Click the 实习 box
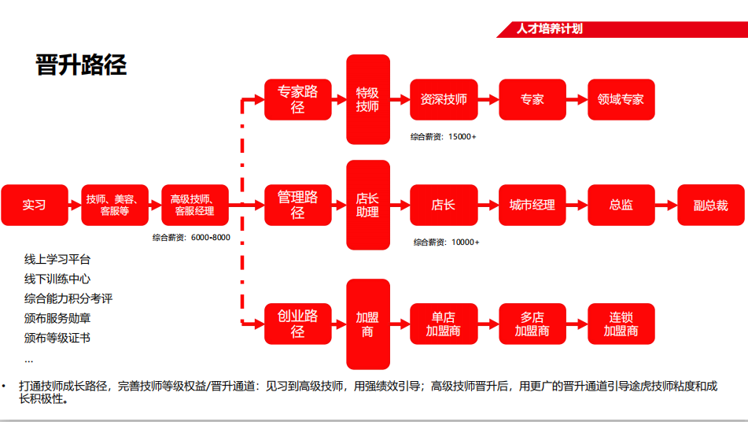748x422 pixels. click(35, 205)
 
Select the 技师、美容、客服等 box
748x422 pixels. click(115, 205)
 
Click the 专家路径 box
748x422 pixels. click(297, 100)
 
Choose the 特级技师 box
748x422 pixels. click(368, 100)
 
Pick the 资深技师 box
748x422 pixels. click(444, 100)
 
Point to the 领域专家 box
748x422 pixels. click(621, 100)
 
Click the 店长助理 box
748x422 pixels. click(368, 205)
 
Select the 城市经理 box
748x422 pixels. click(532, 205)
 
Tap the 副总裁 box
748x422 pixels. click(710, 205)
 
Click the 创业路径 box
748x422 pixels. click(297, 324)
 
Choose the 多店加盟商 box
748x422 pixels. click(532, 324)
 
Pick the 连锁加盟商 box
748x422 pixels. click(621, 324)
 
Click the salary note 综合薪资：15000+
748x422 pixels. click(443, 137)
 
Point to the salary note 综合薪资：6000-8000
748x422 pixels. click(191, 237)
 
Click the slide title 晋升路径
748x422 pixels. click(81, 65)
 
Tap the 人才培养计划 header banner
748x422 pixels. click(550, 30)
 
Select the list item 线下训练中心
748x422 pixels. click(57, 279)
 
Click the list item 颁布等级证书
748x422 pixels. click(57, 338)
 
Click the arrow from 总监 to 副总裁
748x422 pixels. click(666, 205)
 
